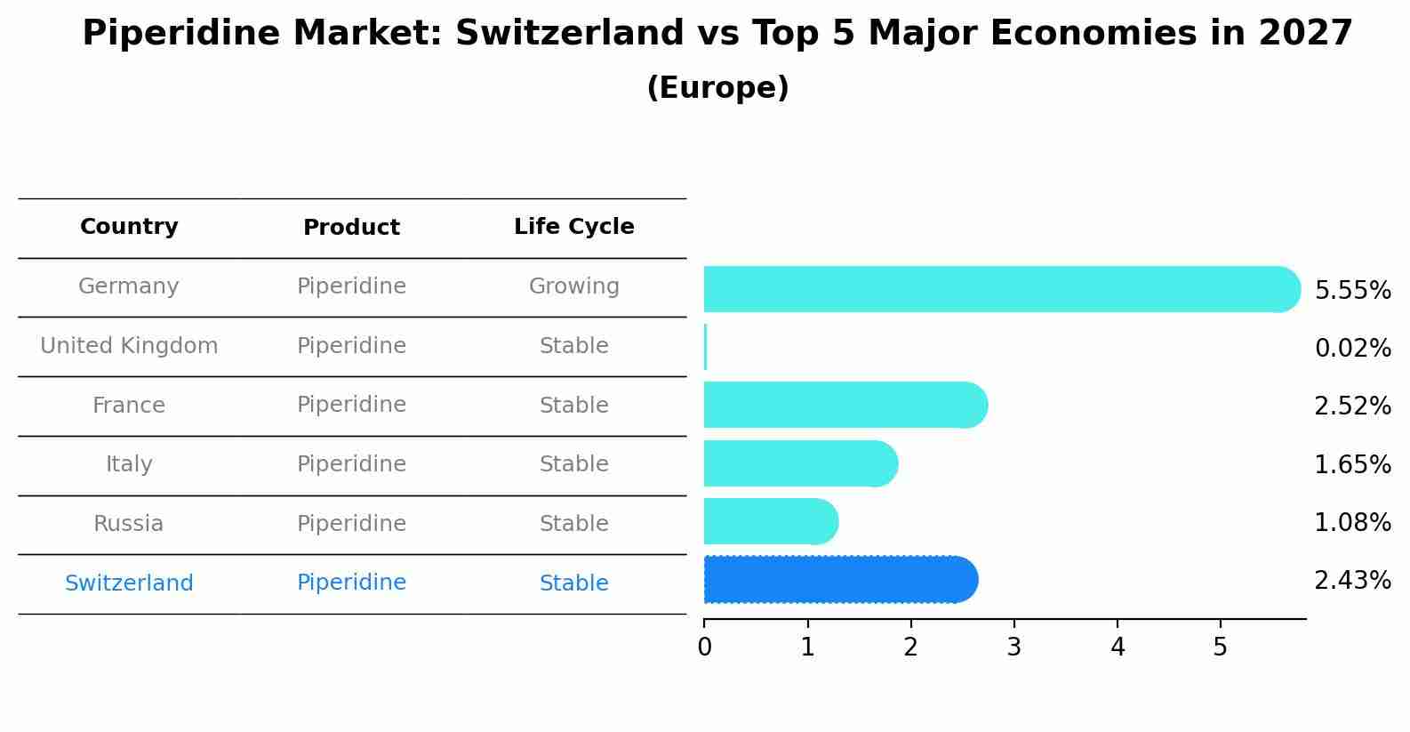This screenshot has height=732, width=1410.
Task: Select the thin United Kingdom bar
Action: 705,347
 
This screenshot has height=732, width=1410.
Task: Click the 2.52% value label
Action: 1352,406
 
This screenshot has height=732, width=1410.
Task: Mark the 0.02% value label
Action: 1352,349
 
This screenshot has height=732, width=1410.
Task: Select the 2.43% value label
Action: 1352,581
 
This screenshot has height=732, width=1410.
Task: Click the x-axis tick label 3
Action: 1013,648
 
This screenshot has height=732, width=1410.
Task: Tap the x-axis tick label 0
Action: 704,648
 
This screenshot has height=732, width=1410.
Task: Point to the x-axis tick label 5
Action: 1220,648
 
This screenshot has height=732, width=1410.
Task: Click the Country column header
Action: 129,227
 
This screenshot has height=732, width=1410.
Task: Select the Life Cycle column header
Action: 573,227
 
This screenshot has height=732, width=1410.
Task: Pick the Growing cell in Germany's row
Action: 573,286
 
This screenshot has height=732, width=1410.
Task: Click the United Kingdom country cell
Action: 129,346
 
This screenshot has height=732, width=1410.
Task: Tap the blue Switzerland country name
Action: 129,583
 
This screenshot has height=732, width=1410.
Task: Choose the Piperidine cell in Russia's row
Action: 351,524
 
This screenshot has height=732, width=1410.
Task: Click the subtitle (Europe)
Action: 717,88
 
